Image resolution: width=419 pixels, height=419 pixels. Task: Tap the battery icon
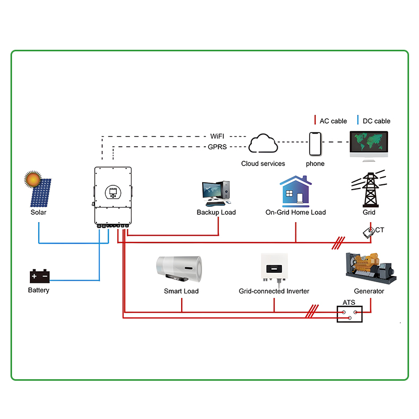click(39, 276)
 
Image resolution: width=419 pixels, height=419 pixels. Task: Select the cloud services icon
click(263, 144)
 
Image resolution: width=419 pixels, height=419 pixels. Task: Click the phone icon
click(315, 144)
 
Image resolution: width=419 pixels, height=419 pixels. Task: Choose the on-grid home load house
click(295, 190)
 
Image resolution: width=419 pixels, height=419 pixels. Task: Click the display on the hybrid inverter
click(113, 192)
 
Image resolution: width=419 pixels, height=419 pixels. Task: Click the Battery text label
click(39, 290)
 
